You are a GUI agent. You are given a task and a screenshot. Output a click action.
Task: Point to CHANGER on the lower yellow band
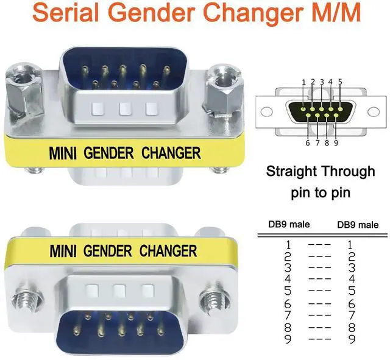[x=168, y=250]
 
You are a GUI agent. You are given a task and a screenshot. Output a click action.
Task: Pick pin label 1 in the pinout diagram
[x=303, y=82]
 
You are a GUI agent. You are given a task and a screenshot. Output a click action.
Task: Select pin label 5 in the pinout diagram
[x=339, y=82]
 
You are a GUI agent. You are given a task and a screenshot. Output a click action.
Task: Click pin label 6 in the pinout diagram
[x=308, y=143]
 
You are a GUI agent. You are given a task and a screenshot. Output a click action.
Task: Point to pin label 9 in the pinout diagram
[x=336, y=143]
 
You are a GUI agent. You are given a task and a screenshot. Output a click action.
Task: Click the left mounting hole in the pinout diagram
[x=265, y=112]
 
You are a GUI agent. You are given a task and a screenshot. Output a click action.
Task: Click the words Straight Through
[x=321, y=171]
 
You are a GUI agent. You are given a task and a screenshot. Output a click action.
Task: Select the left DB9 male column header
[x=289, y=224]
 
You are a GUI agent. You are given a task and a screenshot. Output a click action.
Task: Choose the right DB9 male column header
[x=358, y=225]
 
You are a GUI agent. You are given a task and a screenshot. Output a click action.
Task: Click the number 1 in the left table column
[x=289, y=245]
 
